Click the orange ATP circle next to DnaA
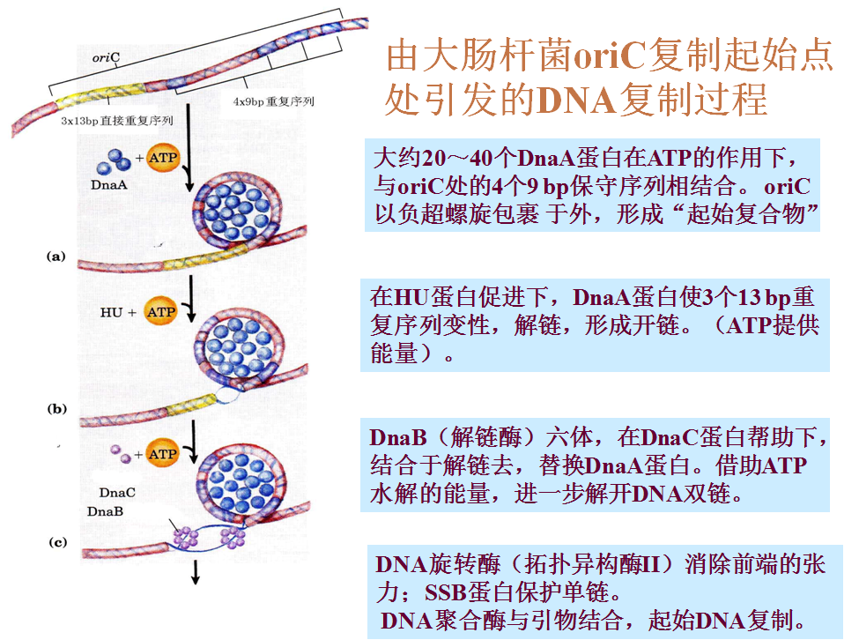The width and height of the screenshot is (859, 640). [162, 158]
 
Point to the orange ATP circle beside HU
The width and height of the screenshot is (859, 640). [161, 312]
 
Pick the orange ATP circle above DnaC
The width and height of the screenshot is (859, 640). [162, 454]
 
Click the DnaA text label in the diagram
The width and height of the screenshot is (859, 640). [107, 185]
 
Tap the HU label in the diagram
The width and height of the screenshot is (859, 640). [111, 312]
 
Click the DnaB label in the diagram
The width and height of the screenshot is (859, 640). [105, 511]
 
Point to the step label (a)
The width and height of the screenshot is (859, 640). [56, 256]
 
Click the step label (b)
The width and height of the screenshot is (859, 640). [56, 409]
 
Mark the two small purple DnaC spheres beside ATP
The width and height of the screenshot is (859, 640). [118, 455]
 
